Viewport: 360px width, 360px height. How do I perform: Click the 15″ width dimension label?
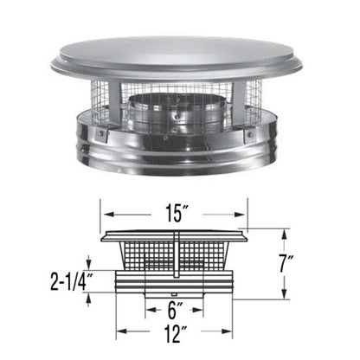176,209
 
